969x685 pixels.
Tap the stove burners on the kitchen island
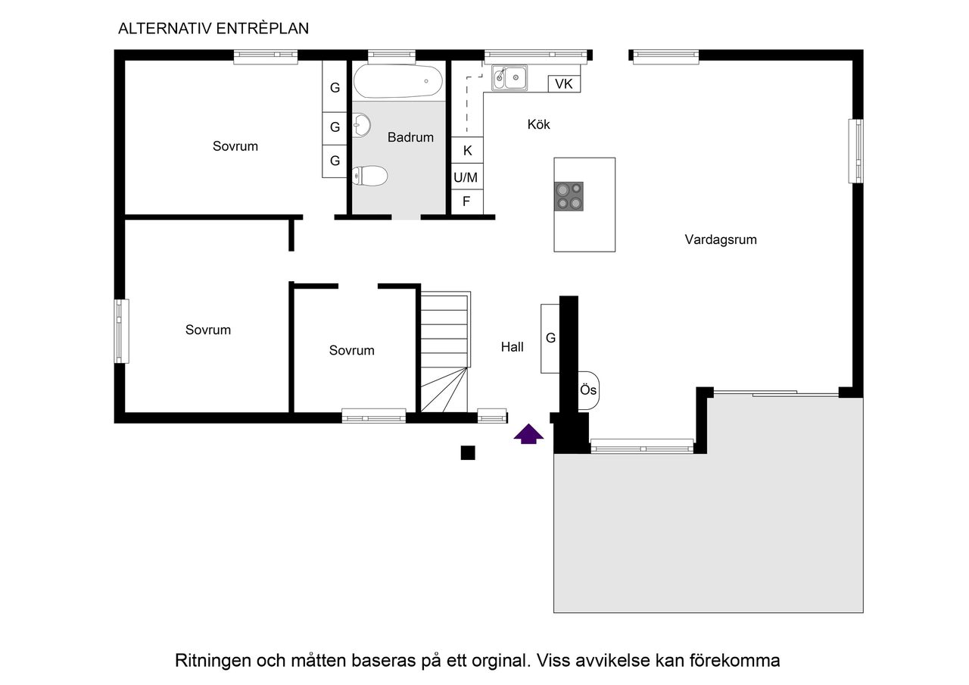tap(569, 195)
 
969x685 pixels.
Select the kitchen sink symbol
tap(510, 77)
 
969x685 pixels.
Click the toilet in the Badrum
tap(370, 177)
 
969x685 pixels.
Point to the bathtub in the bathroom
tap(398, 81)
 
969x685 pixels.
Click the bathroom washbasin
tap(362, 125)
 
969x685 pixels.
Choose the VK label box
tap(564, 83)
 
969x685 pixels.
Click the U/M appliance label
tap(466, 178)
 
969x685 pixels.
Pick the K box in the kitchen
tap(467, 150)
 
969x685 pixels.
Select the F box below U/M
tap(466, 202)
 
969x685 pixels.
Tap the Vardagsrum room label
tap(721, 239)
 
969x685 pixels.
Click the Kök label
tap(539, 124)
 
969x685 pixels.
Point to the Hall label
tap(513, 347)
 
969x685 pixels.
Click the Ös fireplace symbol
tap(589, 390)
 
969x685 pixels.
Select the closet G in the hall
tap(550, 338)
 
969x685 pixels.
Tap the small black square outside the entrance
tap(468, 453)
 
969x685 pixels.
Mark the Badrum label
tap(410, 137)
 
